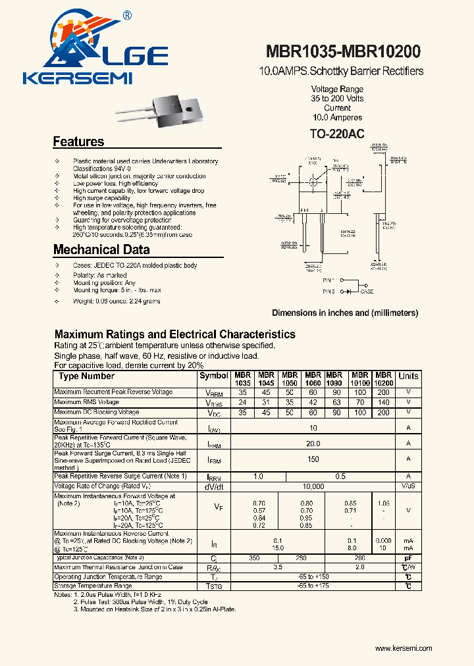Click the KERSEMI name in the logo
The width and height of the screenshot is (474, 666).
(78, 79)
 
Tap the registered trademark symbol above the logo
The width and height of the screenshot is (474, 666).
(127, 15)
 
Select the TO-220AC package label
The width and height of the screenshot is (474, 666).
(336, 134)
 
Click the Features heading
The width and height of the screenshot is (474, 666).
(78, 141)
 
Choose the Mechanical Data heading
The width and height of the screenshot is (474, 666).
(101, 249)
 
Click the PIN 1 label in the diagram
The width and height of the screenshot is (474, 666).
(329, 280)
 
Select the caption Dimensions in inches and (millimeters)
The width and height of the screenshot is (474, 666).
(345, 313)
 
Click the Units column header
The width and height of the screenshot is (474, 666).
(408, 376)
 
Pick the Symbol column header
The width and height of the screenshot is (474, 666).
(213, 376)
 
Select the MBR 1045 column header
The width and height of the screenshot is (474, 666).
(267, 379)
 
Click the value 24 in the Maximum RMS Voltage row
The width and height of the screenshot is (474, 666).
(242, 402)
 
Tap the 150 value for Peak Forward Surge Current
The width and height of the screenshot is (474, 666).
(313, 460)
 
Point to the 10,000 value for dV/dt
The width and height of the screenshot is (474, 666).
(313, 486)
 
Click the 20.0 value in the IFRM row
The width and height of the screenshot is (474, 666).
(313, 444)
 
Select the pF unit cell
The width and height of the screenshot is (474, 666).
(408, 557)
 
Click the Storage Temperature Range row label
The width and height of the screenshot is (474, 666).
(93, 586)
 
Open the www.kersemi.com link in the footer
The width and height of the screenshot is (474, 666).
(404, 648)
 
